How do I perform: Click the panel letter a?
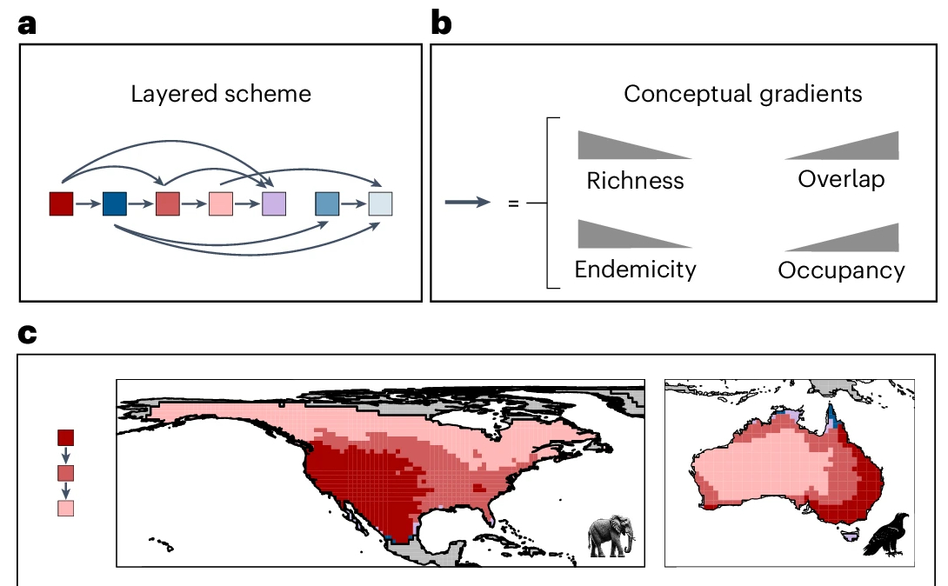pos(28,23)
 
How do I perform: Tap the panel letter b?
pos(442,23)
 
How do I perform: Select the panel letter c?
pos(28,334)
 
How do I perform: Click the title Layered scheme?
pos(221,94)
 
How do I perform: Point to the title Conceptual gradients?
pos(743,94)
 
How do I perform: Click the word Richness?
pos(635,181)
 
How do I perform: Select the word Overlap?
pos(841,179)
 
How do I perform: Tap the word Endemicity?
pos(635,270)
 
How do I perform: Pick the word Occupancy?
pos(841,270)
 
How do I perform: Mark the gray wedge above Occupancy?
pos(861,239)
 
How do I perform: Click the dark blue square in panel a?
pos(115,204)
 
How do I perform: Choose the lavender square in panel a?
pos(274,204)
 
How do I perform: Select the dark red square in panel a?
pos(61,204)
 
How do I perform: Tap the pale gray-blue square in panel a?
pos(381,204)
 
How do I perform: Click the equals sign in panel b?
pos(513,203)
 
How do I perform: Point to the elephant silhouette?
pos(611,536)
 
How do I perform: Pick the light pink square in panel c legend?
pos(65,508)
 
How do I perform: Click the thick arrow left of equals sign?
pos(469,203)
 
